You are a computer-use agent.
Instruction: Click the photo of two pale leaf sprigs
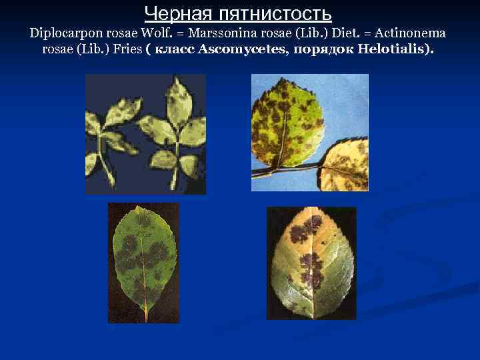(x=145, y=133)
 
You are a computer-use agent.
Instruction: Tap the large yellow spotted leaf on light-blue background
(x=287, y=123)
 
